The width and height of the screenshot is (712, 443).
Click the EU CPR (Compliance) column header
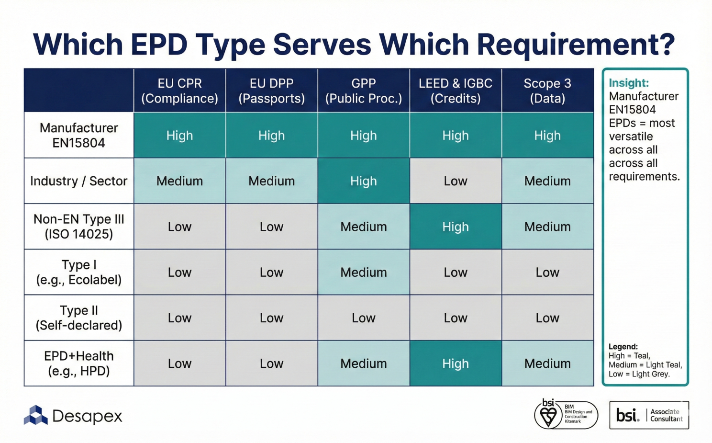tap(179, 91)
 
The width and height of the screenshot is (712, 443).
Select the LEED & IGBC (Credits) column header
tap(456, 91)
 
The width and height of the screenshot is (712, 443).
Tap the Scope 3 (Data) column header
tap(547, 91)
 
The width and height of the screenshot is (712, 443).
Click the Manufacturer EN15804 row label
tap(79, 135)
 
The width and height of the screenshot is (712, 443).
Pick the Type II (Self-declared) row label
tap(79, 318)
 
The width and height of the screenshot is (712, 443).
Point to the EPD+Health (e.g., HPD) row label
tap(79, 363)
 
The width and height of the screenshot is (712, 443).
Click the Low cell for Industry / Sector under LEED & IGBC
tap(456, 181)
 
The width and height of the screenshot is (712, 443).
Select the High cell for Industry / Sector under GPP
tap(364, 181)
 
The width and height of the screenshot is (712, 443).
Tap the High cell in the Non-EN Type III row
tap(456, 227)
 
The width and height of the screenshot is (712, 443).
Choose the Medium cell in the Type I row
tap(364, 272)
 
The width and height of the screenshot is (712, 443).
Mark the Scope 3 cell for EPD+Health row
tap(547, 363)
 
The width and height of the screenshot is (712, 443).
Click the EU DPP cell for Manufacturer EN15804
tap(271, 136)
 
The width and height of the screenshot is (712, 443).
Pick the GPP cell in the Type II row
tap(364, 318)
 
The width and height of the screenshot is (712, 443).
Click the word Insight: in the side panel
tap(628, 83)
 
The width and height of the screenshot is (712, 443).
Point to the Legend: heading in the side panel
tap(623, 346)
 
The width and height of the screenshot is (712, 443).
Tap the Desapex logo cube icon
tap(35, 415)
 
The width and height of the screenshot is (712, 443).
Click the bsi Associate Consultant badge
tap(649, 415)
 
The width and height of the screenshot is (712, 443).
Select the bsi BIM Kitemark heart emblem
tap(548, 415)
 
